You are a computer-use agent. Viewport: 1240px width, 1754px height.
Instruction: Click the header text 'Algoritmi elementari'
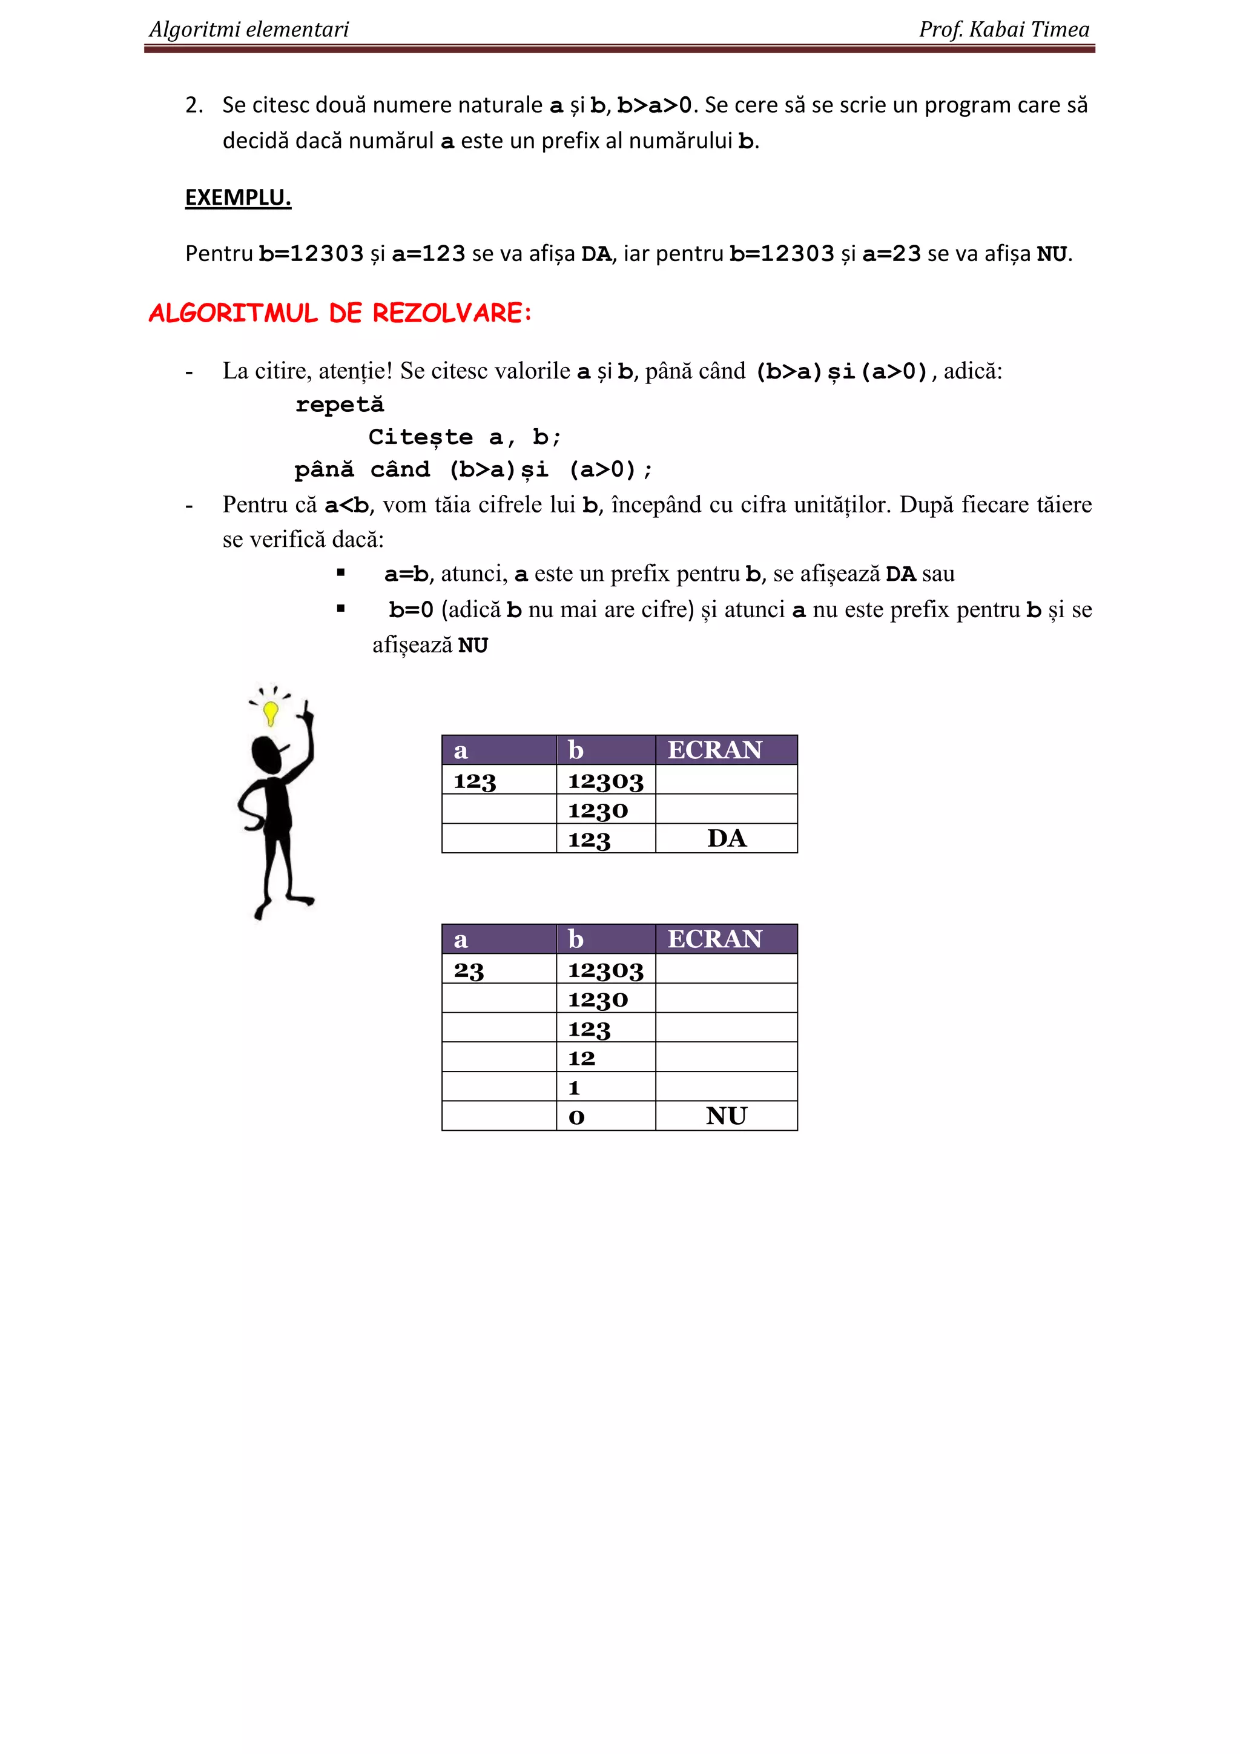pos(248,29)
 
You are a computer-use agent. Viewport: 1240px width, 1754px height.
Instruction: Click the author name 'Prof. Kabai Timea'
pos(1003,29)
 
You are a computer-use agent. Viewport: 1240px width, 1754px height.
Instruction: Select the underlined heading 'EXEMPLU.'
pos(237,198)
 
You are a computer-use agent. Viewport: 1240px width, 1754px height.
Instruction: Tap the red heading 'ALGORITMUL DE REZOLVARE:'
pos(340,313)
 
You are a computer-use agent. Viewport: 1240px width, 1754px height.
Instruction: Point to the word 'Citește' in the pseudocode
pos(420,437)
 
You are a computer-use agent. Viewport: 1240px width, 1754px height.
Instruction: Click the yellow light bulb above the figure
pos(270,713)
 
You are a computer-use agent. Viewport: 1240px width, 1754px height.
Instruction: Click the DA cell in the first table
pos(726,839)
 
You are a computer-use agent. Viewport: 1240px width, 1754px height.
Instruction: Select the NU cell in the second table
pos(726,1116)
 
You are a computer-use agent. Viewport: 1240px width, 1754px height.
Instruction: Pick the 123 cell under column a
pos(475,781)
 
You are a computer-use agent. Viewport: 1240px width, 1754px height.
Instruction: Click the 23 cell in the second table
pos(469,970)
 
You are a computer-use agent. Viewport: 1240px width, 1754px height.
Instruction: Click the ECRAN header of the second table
pos(714,939)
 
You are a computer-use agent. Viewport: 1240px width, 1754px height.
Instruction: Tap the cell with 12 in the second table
pos(582,1058)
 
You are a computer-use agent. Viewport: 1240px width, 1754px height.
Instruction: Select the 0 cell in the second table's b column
pos(576,1117)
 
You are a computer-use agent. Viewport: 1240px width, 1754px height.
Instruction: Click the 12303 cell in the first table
pos(605,781)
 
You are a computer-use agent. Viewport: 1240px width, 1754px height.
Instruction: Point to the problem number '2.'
pos(194,105)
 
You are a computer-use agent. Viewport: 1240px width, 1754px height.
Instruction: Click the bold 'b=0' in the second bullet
pos(411,610)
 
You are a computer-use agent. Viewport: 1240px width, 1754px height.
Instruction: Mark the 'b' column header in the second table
pos(576,939)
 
